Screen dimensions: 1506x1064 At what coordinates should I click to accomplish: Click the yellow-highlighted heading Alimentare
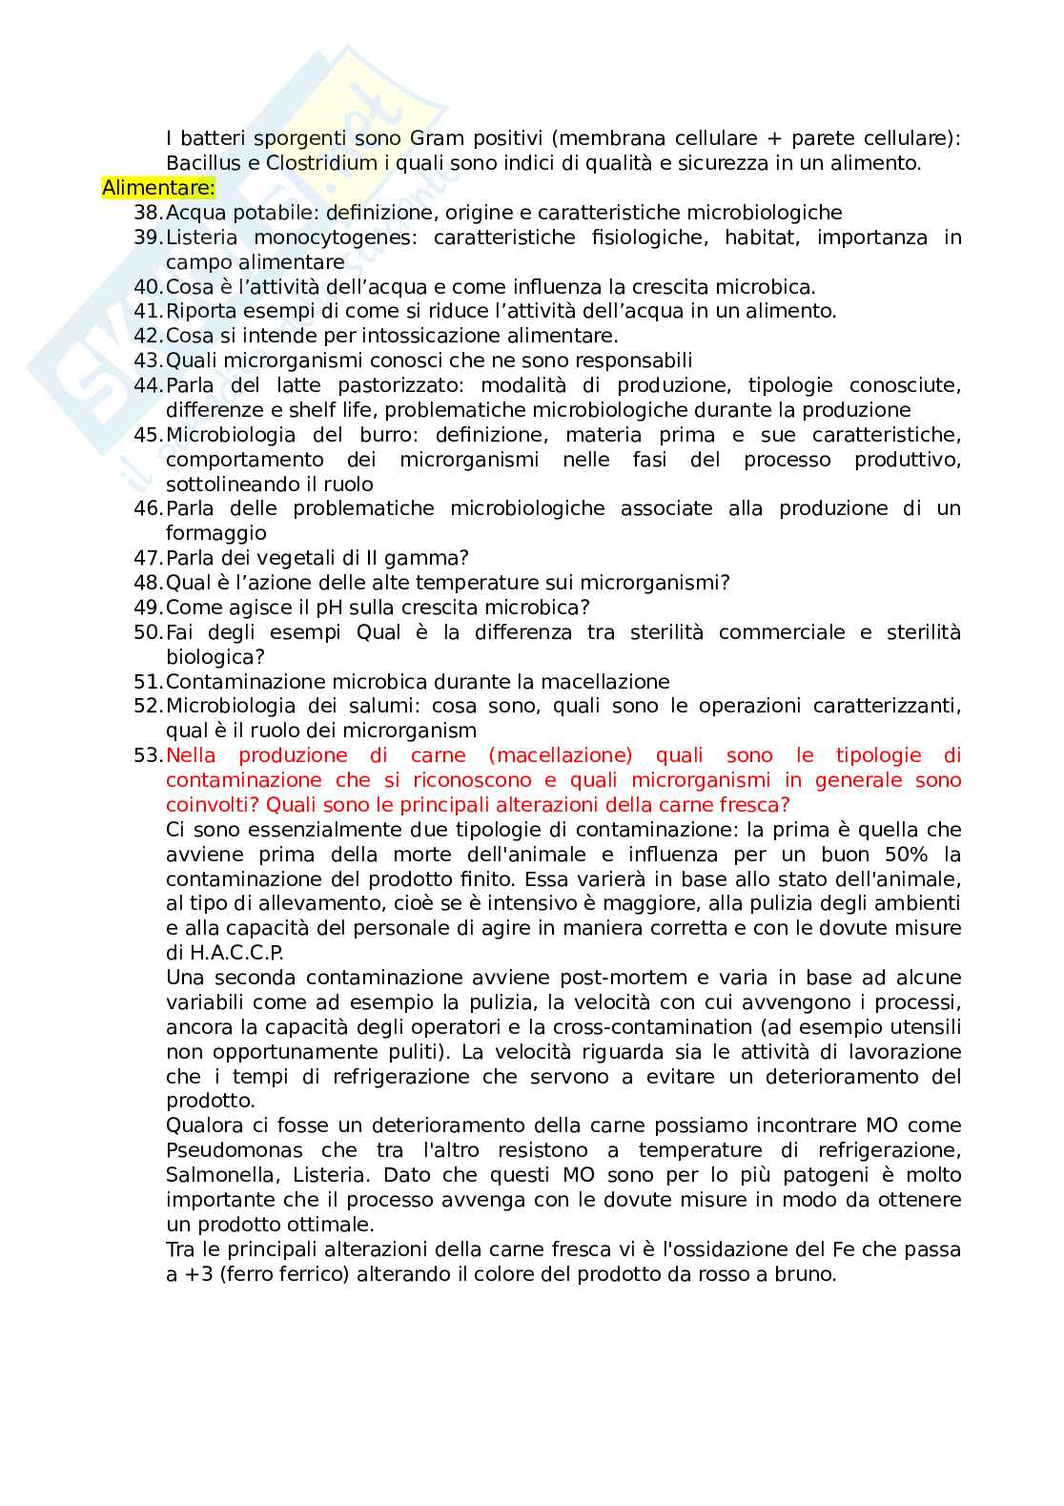[158, 188]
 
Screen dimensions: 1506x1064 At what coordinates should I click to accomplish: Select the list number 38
[149, 213]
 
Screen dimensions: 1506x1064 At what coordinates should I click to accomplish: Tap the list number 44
[149, 385]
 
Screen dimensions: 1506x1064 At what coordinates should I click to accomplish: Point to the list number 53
[149, 755]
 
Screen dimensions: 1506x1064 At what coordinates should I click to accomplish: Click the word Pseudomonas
[234, 1150]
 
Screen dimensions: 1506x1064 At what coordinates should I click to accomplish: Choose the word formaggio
[215, 533]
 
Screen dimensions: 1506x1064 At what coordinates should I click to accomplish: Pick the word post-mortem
[623, 978]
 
